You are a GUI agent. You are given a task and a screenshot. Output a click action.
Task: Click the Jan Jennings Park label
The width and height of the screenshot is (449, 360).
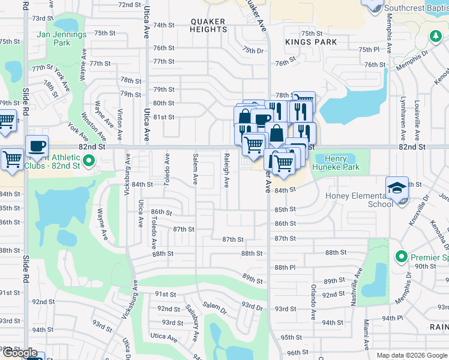click(x=62, y=38)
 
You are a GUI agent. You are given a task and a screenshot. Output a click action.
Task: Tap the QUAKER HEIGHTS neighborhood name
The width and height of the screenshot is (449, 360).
click(x=209, y=25)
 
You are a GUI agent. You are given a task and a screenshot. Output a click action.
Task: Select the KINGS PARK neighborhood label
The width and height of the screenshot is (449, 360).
click(x=311, y=42)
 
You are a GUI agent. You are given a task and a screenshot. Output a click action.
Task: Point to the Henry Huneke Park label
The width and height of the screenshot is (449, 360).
click(x=340, y=163)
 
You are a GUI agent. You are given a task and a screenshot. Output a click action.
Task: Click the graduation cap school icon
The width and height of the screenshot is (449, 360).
click(x=397, y=188)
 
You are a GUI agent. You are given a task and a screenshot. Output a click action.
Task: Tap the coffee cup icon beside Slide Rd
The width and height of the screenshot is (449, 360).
click(x=37, y=146)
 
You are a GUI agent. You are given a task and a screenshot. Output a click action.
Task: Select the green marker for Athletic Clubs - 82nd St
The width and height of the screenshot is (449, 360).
click(x=89, y=160)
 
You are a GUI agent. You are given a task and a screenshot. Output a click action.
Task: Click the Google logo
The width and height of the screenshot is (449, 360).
click(x=20, y=353)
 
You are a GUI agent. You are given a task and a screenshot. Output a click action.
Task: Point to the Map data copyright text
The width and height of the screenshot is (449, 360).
click(x=411, y=355)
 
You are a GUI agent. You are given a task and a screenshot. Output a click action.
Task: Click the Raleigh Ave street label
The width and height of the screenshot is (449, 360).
click(x=226, y=170)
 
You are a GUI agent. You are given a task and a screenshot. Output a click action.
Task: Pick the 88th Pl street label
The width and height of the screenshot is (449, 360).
click(x=285, y=267)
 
